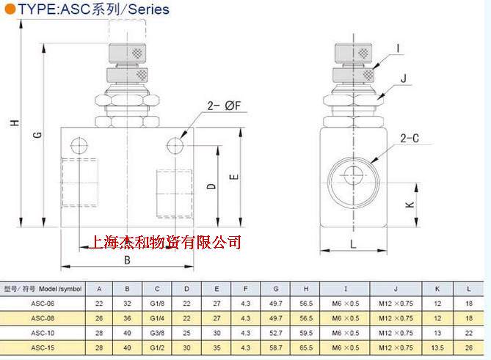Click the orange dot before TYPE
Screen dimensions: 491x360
10,9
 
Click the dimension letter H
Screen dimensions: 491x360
15,123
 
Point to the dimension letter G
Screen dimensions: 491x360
37,135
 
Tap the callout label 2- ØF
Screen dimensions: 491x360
224,106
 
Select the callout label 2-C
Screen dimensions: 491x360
410,139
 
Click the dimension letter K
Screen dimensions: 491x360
410,205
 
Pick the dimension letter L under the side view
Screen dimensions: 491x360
353,244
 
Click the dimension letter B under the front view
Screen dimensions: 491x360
127,260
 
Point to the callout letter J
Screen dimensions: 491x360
404,78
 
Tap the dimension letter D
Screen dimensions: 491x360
211,186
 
